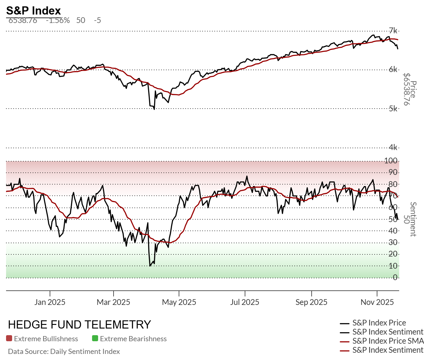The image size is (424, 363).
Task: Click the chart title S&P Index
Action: pos(34,11)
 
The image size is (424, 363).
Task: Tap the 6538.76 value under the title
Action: pos(23,21)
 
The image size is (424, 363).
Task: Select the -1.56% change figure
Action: pos(58,21)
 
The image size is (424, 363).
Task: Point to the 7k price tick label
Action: pos(393,31)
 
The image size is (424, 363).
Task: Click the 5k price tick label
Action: pos(393,109)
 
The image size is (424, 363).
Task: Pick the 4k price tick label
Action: pos(393,147)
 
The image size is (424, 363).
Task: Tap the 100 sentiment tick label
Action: pos(391,161)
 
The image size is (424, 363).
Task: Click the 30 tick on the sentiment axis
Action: pos(393,242)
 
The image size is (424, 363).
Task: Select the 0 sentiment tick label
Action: pos(395,277)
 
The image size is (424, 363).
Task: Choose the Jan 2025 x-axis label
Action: pos(50,302)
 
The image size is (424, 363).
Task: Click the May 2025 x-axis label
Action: pos(179,302)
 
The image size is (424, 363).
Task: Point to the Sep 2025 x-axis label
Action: pos(311,302)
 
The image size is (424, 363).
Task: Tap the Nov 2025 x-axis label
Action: pos(377,302)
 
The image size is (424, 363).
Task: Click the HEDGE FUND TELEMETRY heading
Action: pos(79,325)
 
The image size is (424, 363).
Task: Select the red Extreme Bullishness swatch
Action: pos(9,338)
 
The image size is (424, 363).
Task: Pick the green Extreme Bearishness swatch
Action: pos(95,338)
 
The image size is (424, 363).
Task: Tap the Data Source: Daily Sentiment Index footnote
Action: pos(64,352)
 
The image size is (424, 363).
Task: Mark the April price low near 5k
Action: pos(154,109)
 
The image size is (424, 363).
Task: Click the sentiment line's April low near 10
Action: pos(150,266)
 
